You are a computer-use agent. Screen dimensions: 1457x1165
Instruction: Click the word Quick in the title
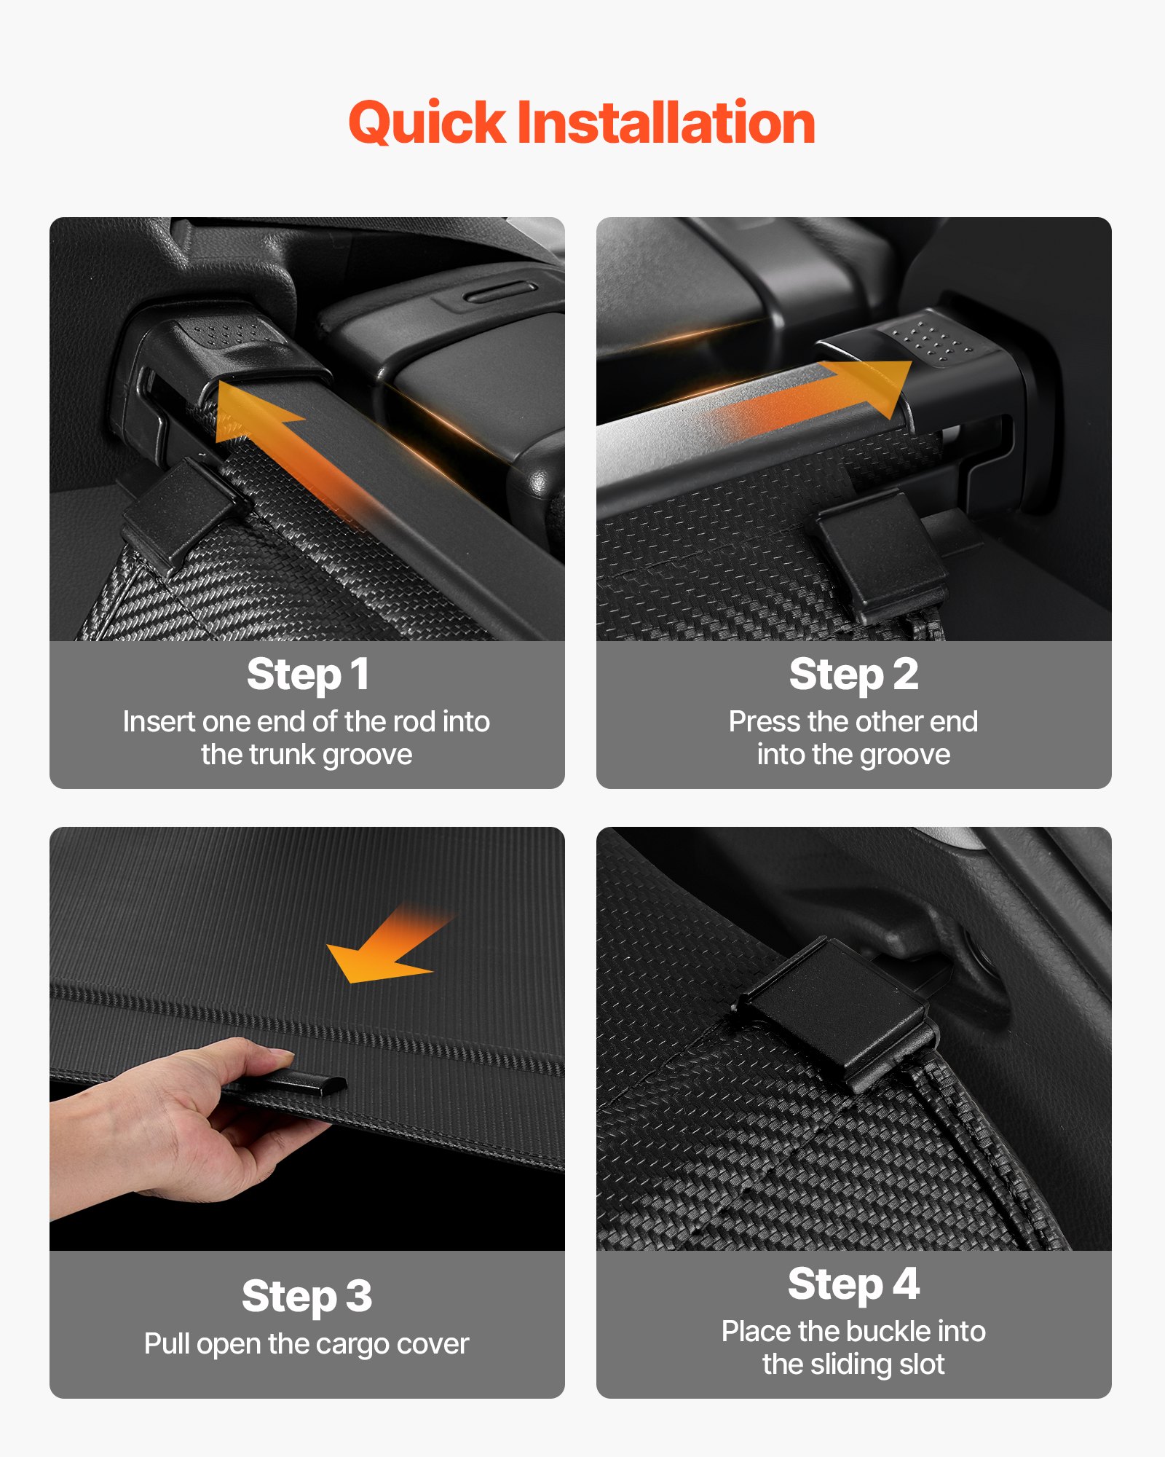pyautogui.click(x=427, y=122)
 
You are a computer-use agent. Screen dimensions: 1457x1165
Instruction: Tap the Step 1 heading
pyautogui.click(x=307, y=675)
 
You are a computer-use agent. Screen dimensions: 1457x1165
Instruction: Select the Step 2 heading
pyautogui.click(x=853, y=675)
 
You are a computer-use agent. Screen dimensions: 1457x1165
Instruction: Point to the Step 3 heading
pyautogui.click(x=307, y=1297)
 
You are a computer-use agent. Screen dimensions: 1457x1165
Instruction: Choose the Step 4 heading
pyautogui.click(x=853, y=1284)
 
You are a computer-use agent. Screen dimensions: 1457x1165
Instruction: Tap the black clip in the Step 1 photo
pyautogui.click(x=178, y=510)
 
